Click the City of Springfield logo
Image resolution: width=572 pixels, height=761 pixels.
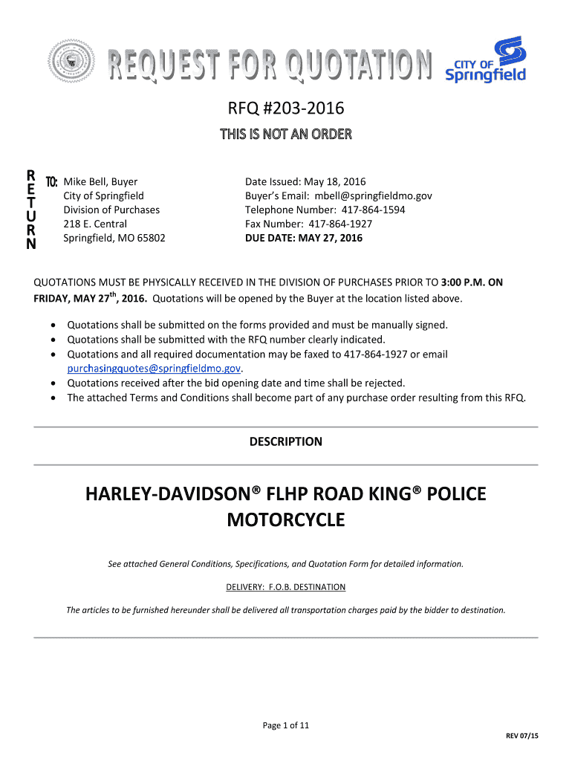tap(486, 61)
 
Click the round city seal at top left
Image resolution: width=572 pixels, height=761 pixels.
tap(72, 62)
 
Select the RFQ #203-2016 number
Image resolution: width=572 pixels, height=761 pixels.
tap(286, 109)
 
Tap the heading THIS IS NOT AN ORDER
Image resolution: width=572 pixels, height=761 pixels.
tap(286, 135)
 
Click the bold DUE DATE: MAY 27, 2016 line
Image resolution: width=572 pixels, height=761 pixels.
tap(304, 238)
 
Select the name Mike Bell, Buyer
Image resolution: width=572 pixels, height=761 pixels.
tap(100, 181)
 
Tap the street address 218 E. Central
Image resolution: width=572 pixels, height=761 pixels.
tap(95, 224)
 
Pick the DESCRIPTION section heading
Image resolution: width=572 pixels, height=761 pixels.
tap(286, 441)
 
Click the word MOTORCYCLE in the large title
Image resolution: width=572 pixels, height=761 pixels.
tap(286, 519)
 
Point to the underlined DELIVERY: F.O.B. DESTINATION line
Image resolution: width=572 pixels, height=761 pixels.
tap(286, 587)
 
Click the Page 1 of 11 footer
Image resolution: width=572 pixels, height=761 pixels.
tap(286, 726)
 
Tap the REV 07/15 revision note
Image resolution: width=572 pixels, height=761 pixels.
tap(522, 736)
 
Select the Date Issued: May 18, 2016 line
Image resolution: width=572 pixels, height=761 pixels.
tap(305, 181)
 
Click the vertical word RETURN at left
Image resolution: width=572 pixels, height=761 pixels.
tap(30, 210)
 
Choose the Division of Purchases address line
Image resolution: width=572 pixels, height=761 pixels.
tap(111, 210)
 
